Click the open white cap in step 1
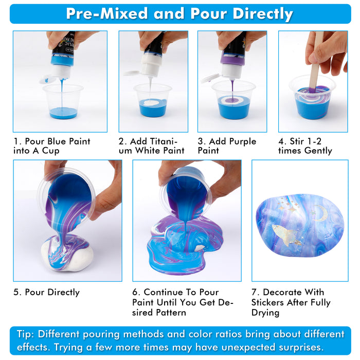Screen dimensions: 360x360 pos(48,79)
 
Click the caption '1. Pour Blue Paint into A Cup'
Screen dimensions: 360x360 pos(51,146)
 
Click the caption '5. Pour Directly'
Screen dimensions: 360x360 pos(46,292)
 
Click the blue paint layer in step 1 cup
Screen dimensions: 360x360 pos(63,113)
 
